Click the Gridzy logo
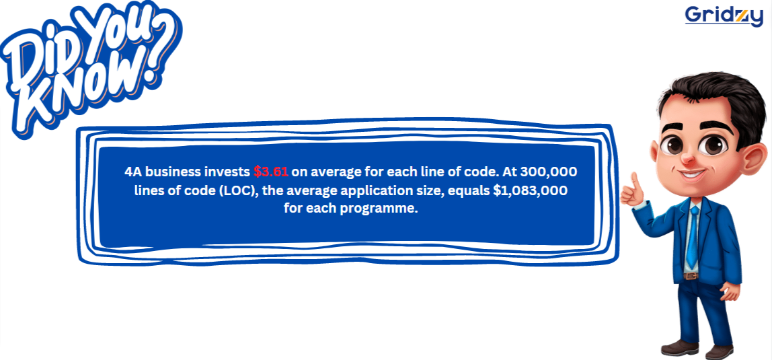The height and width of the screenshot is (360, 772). [724, 15]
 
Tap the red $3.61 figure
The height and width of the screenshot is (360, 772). [271, 172]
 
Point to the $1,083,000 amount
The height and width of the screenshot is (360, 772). [531, 190]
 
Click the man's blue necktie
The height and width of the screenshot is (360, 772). [694, 236]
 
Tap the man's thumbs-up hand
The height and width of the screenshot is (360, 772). [631, 191]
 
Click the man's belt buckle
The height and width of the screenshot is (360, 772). [691, 275]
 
